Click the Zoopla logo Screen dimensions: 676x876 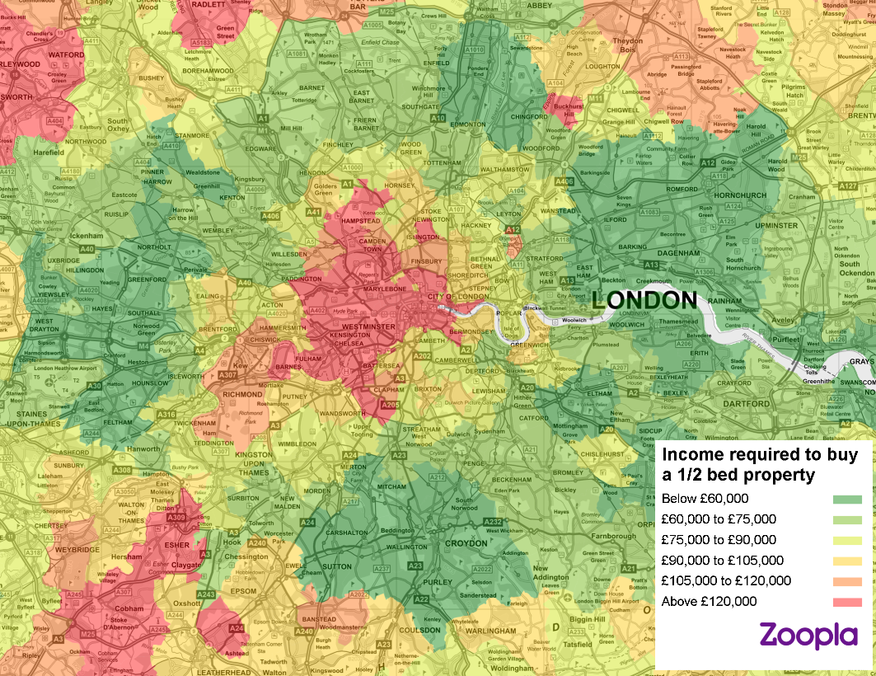coord(808,636)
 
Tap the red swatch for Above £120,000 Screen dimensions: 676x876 coord(847,602)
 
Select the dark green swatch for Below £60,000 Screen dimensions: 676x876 coord(847,499)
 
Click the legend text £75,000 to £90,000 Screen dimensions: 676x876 coord(719,540)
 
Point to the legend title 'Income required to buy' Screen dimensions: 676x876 coord(760,455)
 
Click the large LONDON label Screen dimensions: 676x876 coord(644,300)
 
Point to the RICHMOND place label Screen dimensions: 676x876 coord(243,395)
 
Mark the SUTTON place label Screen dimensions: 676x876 coord(335,567)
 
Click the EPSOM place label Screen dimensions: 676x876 coord(243,591)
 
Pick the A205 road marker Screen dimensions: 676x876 coord(390,404)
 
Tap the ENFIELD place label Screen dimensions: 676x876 coord(436,63)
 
